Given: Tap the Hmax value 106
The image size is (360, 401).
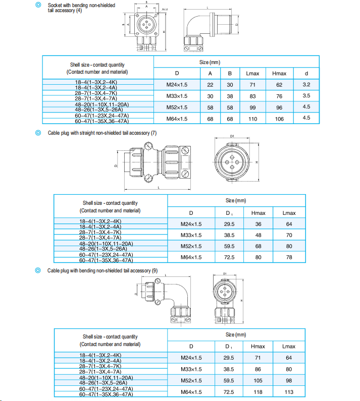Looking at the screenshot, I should click(x=279, y=119).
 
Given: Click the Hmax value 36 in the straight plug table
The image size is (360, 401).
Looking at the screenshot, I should click(x=258, y=224).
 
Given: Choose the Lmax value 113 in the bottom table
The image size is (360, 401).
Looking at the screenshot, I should click(x=289, y=391).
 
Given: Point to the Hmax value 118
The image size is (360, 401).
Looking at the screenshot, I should click(x=258, y=391).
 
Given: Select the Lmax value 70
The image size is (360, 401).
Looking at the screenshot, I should click(x=289, y=235).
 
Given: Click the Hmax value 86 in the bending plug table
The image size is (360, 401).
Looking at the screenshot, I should click(x=258, y=369).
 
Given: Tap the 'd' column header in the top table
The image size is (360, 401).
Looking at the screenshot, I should click(x=306, y=74).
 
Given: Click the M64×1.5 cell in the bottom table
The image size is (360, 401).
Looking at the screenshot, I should click(x=191, y=391).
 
